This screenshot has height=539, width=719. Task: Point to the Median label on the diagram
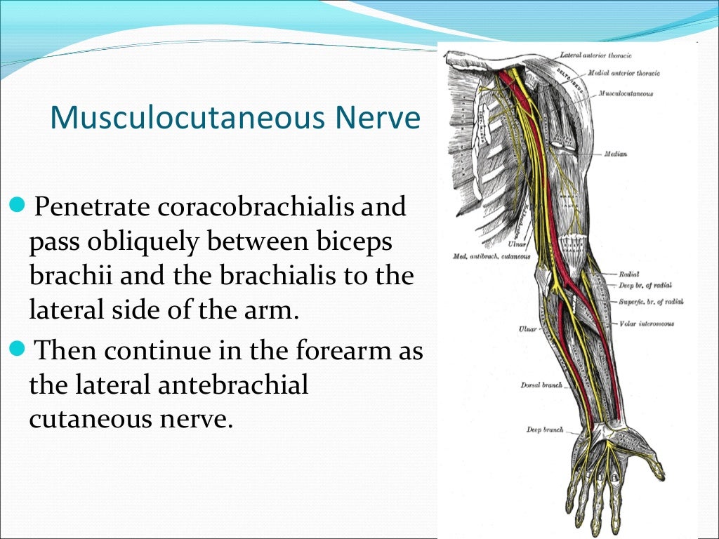pyautogui.click(x=615, y=154)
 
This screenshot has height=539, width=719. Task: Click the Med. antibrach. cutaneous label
pyautogui.click(x=492, y=257)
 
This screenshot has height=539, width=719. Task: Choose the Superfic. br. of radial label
pyautogui.click(x=651, y=302)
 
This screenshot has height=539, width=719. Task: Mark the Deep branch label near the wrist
pyautogui.click(x=545, y=430)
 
